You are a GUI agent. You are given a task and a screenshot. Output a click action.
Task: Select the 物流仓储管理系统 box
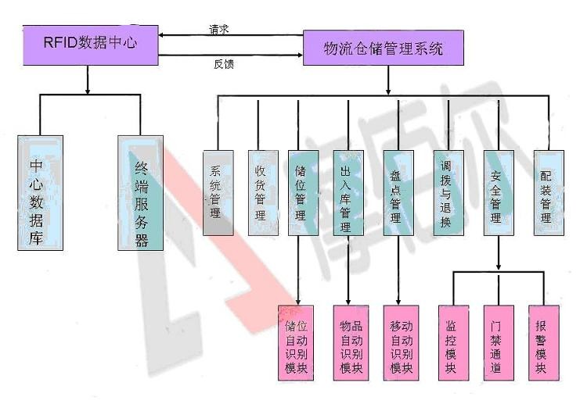tap(384, 48)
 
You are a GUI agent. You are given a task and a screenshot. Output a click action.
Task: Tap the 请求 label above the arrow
tap(219, 29)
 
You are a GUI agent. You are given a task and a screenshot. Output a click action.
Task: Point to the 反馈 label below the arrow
tap(224, 64)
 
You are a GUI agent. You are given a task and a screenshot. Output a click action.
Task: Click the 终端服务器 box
tap(141, 192)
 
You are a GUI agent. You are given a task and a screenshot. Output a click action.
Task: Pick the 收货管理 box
tap(261, 192)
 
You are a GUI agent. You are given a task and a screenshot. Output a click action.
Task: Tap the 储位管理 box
tap(301, 192)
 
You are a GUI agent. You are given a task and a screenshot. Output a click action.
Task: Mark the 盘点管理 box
tap(397, 192)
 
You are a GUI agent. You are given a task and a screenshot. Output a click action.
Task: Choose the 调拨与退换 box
tap(446, 192)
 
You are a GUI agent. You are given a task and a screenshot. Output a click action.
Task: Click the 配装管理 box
tap(546, 192)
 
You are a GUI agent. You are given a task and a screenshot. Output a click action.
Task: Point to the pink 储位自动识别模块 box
tap(296, 343)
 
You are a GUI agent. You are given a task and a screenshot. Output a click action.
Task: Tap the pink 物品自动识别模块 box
tap(350, 343)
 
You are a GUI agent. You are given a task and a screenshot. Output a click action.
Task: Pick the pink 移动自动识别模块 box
tap(400, 343)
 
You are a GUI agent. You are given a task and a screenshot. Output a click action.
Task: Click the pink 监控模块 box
tap(451, 343)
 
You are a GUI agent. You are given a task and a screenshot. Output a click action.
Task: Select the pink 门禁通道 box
tap(495, 343)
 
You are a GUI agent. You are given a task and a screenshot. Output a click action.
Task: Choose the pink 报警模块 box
tap(541, 343)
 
